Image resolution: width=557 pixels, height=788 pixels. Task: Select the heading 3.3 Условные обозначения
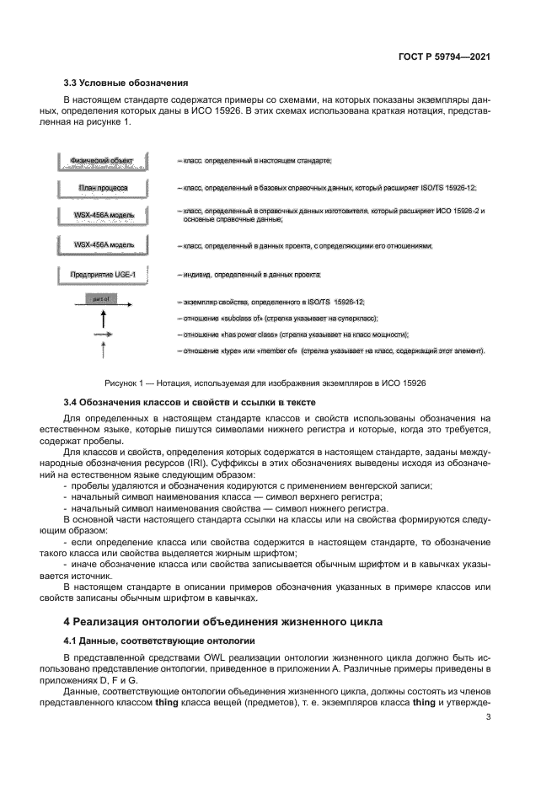point(126,83)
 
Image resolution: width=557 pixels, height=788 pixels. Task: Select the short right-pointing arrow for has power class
point(104,335)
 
